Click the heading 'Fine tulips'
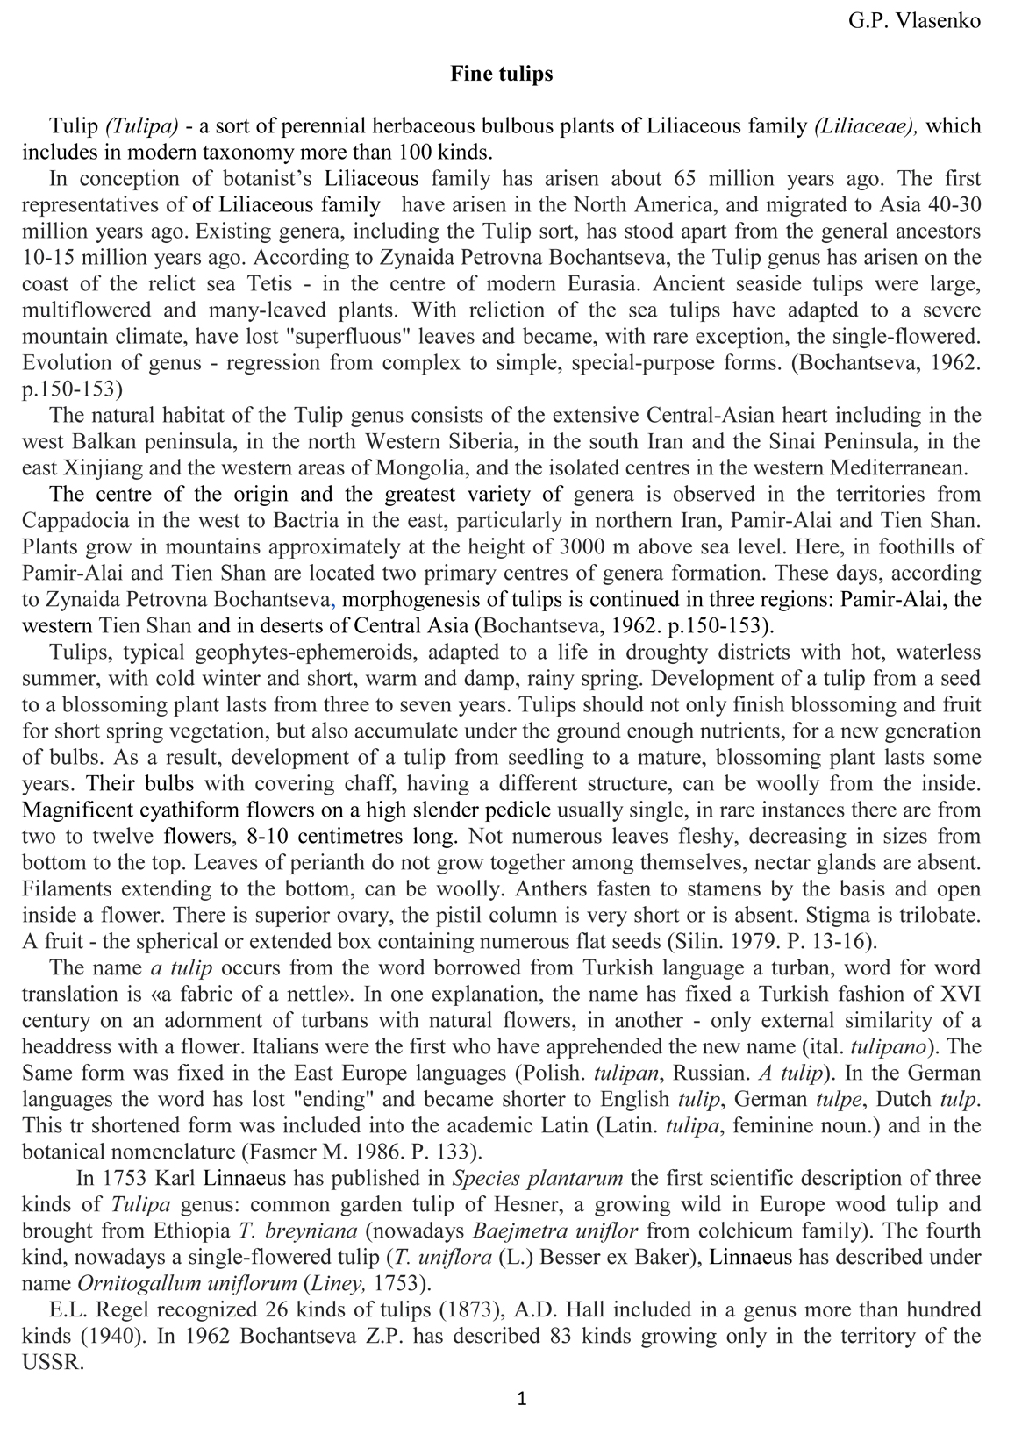(x=502, y=74)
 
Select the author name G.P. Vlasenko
(x=914, y=21)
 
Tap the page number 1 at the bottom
(x=522, y=1398)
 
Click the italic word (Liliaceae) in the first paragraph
(x=867, y=125)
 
